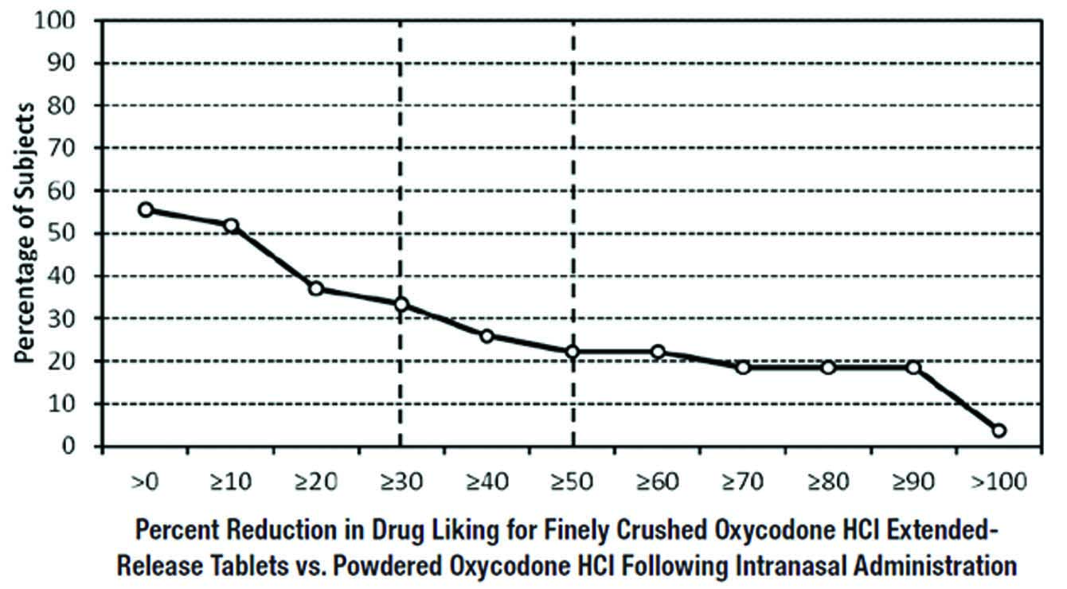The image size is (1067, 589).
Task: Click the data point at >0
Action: (146, 209)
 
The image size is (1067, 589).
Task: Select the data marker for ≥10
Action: (231, 225)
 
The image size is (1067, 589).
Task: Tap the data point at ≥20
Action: (316, 288)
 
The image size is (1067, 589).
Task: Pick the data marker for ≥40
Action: (487, 335)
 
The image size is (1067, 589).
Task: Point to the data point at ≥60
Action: (658, 352)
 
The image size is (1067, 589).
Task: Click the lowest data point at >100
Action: (999, 431)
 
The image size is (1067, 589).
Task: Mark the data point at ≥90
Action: (913, 367)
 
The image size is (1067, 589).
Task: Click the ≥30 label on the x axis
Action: (401, 482)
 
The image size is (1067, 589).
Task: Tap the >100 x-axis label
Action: (999, 482)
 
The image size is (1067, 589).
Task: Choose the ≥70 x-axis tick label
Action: (744, 482)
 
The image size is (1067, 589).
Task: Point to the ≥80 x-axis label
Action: (829, 482)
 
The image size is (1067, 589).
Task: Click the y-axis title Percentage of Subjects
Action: (26, 232)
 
